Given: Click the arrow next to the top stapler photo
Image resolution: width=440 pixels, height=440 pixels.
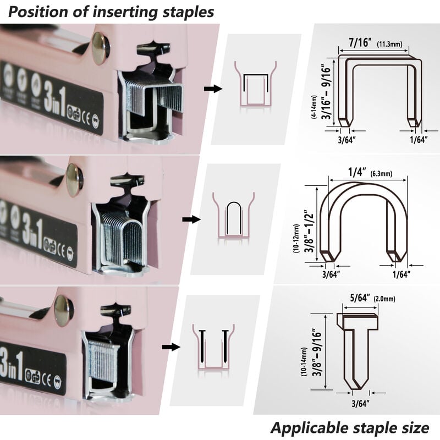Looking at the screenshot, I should [213, 89].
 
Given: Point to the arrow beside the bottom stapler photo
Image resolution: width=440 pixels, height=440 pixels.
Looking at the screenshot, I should [171, 347].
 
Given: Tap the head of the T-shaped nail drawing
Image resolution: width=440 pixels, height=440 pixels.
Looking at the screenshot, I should [358, 320].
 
